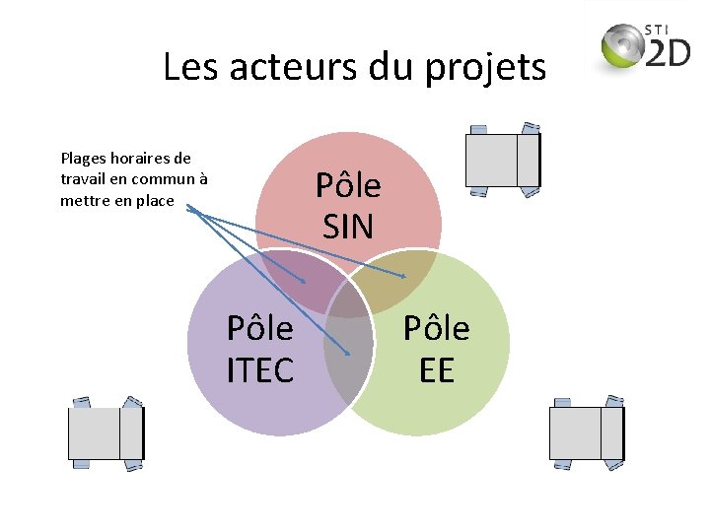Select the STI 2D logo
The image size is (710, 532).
(x=646, y=47)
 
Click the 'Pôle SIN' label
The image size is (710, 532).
(x=348, y=206)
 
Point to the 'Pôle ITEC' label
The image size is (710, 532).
(x=260, y=349)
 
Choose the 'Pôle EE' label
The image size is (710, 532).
(x=436, y=349)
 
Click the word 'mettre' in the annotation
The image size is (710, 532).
(x=84, y=201)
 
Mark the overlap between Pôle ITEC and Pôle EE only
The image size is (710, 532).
(x=348, y=365)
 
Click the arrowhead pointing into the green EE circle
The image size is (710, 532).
(x=402, y=276)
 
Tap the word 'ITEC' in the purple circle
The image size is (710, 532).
(x=260, y=370)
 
